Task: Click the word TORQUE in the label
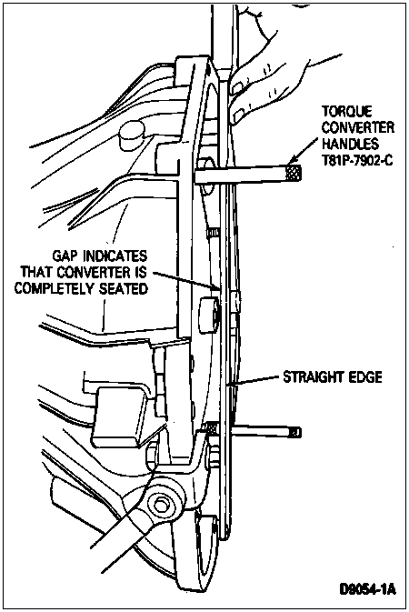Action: pyautogui.click(x=347, y=111)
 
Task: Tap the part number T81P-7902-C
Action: pyautogui.click(x=357, y=160)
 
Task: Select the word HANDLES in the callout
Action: pyautogui.click(x=350, y=144)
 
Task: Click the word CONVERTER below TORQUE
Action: pyautogui.click(x=358, y=127)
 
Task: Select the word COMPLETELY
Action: pyautogui.click(x=54, y=288)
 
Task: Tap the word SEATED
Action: pyautogui.click(x=124, y=288)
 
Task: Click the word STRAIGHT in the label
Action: pyautogui.click(x=314, y=377)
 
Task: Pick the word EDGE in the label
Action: pyautogui.click(x=364, y=377)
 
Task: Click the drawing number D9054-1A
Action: pyautogui.click(x=367, y=588)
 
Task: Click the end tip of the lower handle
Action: pyautogui.click(x=296, y=432)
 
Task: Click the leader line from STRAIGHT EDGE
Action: pyautogui.click(x=257, y=381)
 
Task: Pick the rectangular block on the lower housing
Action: pyautogui.click(x=119, y=416)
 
